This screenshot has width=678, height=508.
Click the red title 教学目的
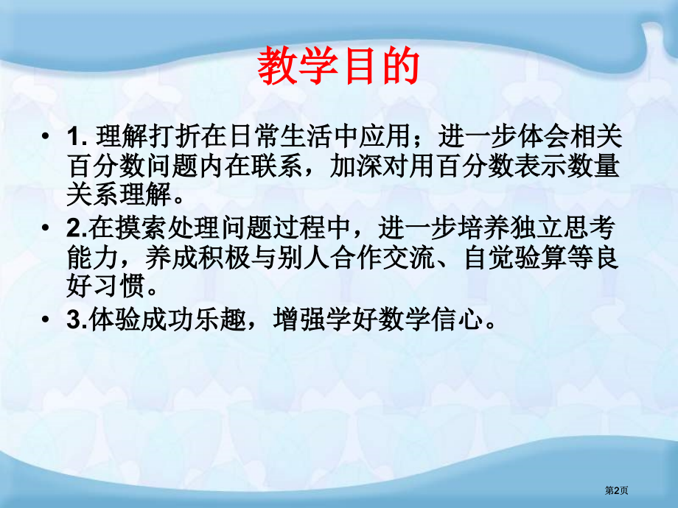(338, 67)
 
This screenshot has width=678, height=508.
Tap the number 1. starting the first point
(77, 137)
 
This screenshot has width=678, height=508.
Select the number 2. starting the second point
(74, 228)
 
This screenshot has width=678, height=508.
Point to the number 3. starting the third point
(74, 320)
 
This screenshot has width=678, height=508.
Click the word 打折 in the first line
(171, 137)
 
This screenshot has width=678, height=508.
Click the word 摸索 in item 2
(133, 228)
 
